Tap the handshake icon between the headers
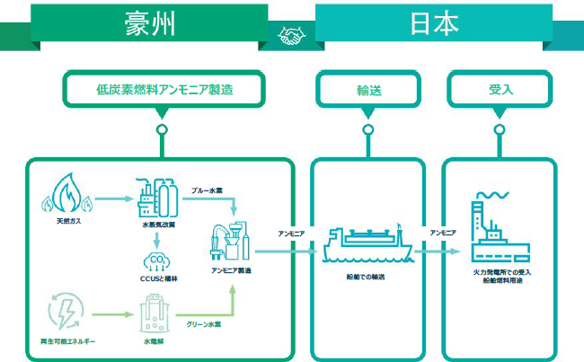(x=292, y=36)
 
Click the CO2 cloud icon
(x=156, y=261)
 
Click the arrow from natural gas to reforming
(x=111, y=199)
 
